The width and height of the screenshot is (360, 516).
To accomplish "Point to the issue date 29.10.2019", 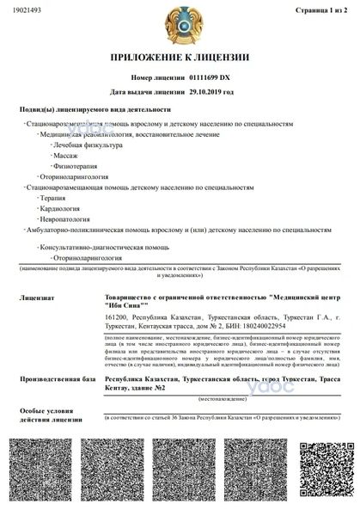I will pos(211,90).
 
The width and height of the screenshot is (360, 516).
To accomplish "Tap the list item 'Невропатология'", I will pos(64,219).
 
